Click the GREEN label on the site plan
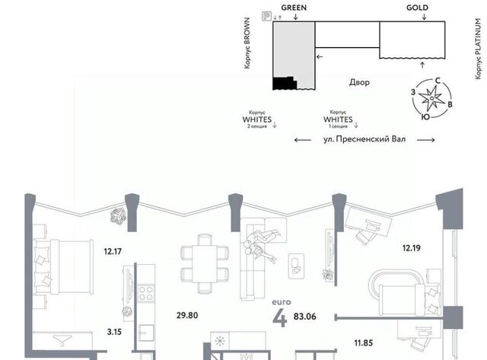294,8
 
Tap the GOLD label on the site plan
417,8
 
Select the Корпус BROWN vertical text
247,43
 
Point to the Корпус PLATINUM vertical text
479,49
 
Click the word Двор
359,82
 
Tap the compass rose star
431,98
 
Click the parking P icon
266,16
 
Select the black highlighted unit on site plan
285,83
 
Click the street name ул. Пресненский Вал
364,139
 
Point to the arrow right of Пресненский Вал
425,140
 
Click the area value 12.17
113,251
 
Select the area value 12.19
412,248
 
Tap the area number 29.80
187,315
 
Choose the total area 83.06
304,317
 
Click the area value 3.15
114,332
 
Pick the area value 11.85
364,343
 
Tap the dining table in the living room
205,263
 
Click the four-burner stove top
145,294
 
